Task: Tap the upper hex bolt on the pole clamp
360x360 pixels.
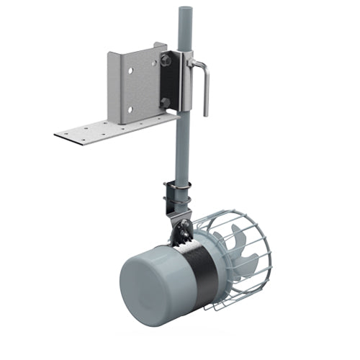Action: coord(166,60)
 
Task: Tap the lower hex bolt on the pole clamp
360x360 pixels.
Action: coord(165,103)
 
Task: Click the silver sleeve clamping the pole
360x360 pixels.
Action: coord(185,83)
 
